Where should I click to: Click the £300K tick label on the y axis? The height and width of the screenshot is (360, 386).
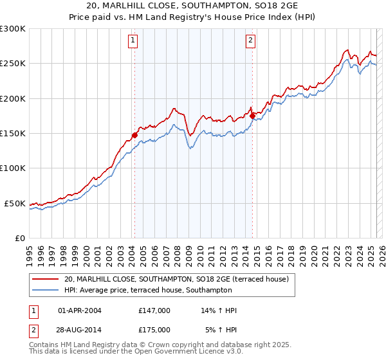click(x=12, y=29)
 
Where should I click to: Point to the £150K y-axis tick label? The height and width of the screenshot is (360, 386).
click(x=12, y=133)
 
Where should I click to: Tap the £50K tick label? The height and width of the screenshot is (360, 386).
click(x=15, y=203)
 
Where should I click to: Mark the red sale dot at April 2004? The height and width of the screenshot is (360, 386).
click(x=134, y=136)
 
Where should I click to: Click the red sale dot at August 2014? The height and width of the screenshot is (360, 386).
click(x=253, y=116)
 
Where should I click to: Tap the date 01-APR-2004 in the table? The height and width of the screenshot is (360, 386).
click(x=80, y=310)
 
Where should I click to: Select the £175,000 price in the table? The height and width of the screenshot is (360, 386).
click(x=154, y=329)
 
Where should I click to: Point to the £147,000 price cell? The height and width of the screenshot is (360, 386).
click(x=154, y=310)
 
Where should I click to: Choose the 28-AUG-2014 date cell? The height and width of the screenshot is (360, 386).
click(x=80, y=329)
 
